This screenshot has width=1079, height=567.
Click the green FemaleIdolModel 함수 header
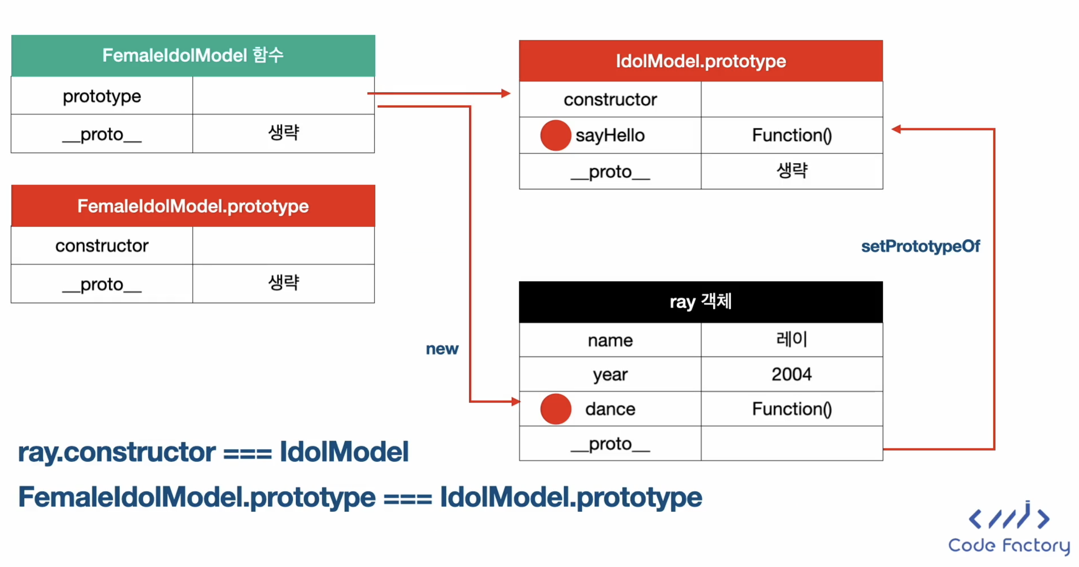pos(193,55)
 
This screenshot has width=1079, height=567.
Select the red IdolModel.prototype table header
pos(701,61)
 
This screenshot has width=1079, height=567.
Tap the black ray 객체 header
pos(701,302)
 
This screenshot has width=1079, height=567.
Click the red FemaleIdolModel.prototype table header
pos(193,206)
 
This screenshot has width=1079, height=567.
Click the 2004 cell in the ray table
pos(792,374)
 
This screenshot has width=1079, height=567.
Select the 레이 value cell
pos(792,340)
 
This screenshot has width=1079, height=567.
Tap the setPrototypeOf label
pos(920,246)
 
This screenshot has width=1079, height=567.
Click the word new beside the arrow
pos(442,349)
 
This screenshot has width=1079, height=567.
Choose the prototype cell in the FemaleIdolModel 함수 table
pos(102,96)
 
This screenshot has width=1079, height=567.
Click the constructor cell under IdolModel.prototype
pos(610,99)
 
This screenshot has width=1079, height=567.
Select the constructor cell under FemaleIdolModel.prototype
pos(102,245)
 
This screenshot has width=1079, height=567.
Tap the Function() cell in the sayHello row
pos(792,135)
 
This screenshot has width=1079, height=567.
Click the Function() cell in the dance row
pos(792,409)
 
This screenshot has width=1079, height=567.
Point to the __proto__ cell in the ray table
pos(610,443)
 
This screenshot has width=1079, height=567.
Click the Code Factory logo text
pos(1009,545)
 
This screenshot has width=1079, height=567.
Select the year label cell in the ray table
pos(610,374)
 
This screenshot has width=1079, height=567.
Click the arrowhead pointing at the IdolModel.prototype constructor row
pos(506,93)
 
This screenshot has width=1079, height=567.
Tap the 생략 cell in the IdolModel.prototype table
pos(792,171)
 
